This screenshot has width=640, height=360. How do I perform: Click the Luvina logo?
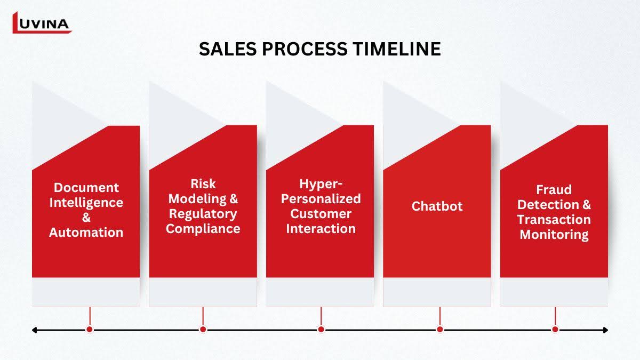coord(42,22)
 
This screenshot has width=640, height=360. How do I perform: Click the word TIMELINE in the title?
coord(397,49)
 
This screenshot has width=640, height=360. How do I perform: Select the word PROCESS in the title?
coord(305,49)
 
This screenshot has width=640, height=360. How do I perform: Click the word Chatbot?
coord(437,206)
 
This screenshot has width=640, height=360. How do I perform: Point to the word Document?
coord(86,188)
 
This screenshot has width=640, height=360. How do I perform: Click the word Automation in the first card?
coord(86,233)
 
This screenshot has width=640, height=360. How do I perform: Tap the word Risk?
coord(203,183)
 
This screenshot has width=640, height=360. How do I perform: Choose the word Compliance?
coord(203,229)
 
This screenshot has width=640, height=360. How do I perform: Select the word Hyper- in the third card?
coord(321,184)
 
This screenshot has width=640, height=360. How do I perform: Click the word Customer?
coord(321,214)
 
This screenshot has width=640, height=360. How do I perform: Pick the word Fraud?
coord(554,190)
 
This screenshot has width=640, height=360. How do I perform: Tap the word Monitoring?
coord(554,235)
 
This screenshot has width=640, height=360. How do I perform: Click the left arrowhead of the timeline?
coord(34,330)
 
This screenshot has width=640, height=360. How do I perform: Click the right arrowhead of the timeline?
coord(605,330)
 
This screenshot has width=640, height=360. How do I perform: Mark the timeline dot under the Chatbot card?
coord(439,330)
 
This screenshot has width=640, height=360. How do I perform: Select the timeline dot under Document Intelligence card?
coord(90,330)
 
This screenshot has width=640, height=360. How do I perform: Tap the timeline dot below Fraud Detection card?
coord(555,330)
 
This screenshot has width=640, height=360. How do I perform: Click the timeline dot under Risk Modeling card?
coord(203,330)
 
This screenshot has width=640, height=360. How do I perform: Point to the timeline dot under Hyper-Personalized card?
coord(321,330)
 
